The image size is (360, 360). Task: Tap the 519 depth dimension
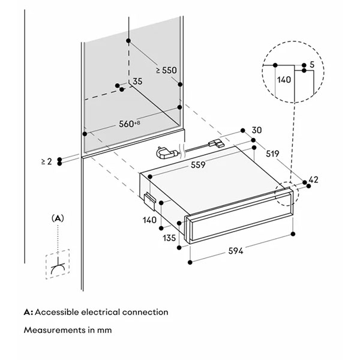[272, 154]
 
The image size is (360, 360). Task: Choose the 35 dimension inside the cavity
[137, 81]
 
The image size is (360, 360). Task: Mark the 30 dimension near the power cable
[257, 130]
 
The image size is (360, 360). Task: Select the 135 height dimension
[169, 238]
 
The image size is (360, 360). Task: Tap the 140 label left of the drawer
[150, 220]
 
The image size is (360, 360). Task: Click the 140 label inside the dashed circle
[284, 79]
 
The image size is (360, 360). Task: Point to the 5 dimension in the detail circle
[312, 64]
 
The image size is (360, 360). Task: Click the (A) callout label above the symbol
[58, 218]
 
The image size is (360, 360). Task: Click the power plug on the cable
[165, 154]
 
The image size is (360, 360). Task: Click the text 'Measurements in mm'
[67, 330]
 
